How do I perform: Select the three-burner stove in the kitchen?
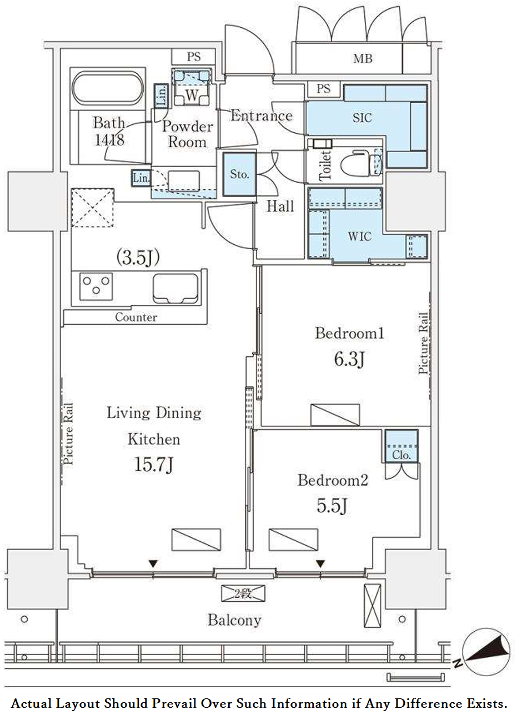click(x=96, y=286)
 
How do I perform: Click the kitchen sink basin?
click(x=175, y=288)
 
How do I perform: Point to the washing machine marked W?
click(x=192, y=88)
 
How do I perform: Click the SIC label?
click(x=362, y=118)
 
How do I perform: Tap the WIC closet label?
click(x=360, y=236)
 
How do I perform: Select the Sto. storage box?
click(x=239, y=174)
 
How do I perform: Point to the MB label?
click(x=363, y=58)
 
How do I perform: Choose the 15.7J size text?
click(x=154, y=465)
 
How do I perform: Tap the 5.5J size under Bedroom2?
click(x=332, y=506)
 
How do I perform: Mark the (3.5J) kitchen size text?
click(x=138, y=258)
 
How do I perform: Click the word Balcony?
click(x=234, y=621)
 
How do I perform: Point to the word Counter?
click(x=136, y=317)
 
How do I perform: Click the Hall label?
click(x=280, y=206)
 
